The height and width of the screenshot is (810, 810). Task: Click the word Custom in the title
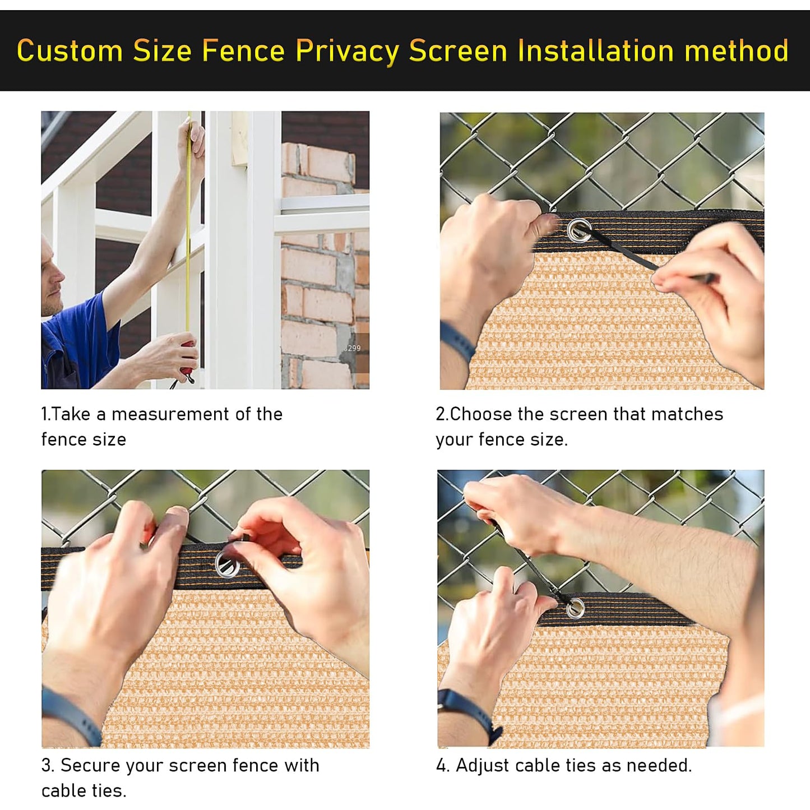(x=70, y=51)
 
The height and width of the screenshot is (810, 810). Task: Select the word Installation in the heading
(x=595, y=51)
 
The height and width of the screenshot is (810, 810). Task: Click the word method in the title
(x=737, y=51)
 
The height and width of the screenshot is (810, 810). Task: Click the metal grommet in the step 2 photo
(x=578, y=230)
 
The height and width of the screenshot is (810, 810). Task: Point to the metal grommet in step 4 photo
(x=575, y=608)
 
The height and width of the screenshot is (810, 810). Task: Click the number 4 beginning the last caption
(x=441, y=766)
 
